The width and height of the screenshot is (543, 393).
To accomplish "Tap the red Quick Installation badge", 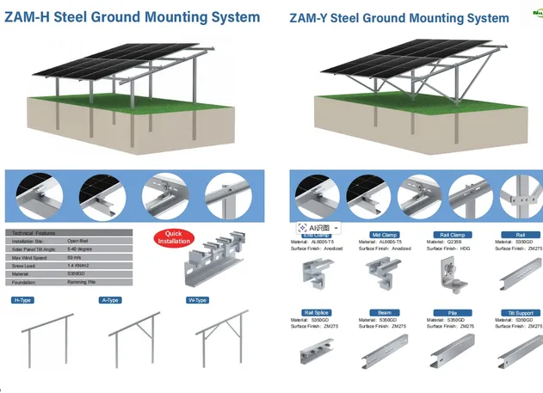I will (173, 236).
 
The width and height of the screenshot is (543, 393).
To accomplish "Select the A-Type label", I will (109, 300).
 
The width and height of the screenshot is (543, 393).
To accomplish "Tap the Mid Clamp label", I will (383, 234).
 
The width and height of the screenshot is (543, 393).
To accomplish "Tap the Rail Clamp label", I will (453, 234).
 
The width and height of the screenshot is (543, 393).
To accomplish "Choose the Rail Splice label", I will (316, 312).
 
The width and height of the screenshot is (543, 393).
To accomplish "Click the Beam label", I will (384, 312).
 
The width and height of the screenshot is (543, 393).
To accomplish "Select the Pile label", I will (453, 312).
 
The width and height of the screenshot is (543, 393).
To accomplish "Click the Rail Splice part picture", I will (316, 354).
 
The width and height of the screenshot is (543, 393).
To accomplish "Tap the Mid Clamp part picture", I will (384, 274).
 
